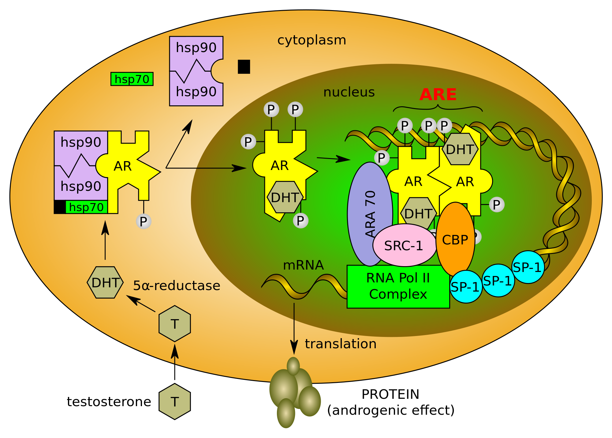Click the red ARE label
click(438, 95)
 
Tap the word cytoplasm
click(312, 40)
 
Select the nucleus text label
click(349, 93)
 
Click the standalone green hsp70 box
click(132, 79)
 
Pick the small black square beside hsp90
click(244, 67)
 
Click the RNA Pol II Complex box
click(398, 286)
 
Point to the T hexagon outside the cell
click(175, 402)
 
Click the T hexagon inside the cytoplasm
click(175, 324)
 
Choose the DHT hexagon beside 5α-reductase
click(105, 282)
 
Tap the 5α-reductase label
click(177, 286)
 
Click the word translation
click(340, 344)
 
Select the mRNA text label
click(303, 265)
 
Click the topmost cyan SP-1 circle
click(528, 267)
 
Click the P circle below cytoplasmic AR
click(144, 221)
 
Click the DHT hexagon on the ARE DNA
click(460, 149)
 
